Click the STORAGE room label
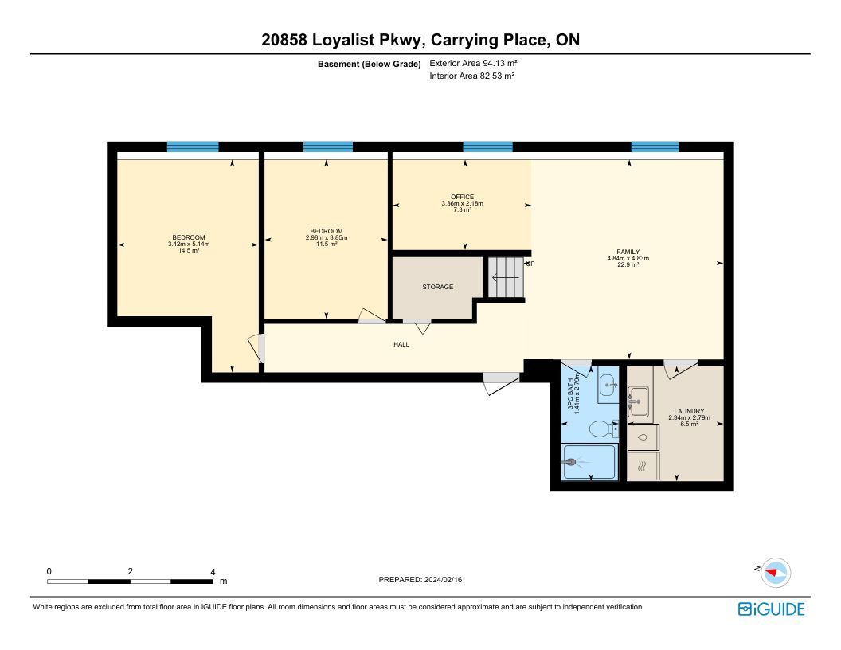coord(437,287)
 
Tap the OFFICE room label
coord(463,197)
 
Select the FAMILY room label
coord(628,252)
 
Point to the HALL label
coord(401,344)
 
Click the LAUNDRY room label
coord(689,411)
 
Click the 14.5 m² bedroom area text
coord(189,250)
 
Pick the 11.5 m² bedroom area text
coord(327,244)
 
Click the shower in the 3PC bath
coord(589,462)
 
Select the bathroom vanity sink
coord(608,385)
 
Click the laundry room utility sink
coord(638,401)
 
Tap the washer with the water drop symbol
coord(643,437)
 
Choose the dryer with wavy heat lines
coord(643,466)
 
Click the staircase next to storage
coord(506,277)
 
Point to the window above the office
coord(487,147)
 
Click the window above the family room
coord(655,147)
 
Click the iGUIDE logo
coord(771,609)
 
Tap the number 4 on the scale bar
coord(213,572)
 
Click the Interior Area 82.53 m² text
coord(472,76)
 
